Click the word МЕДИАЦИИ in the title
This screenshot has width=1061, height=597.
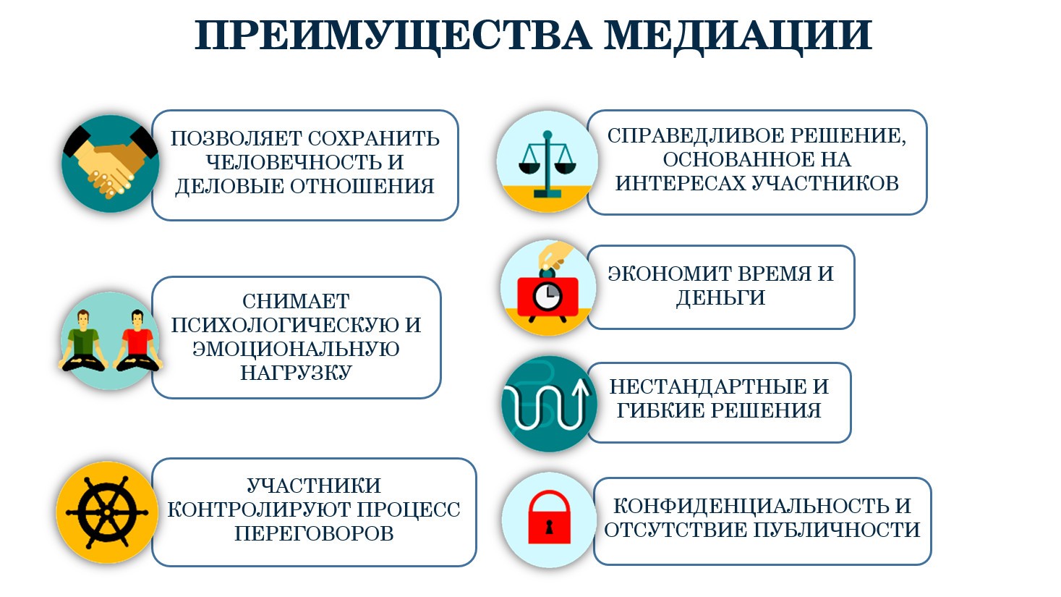tap(738, 36)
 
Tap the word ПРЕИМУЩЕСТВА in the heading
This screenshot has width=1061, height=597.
tap(393, 36)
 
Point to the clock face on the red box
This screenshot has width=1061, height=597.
tap(547, 297)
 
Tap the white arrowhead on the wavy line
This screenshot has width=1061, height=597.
tap(581, 389)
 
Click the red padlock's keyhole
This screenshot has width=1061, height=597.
tap(550, 527)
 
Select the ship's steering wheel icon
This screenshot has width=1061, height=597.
tap(107, 512)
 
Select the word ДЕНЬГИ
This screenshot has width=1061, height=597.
tap(720, 298)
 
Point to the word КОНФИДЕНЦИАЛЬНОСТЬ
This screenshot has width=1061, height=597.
tap(751, 506)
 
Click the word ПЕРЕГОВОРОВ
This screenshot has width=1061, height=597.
tap(314, 533)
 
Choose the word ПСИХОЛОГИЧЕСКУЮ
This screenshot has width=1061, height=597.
tap(285, 326)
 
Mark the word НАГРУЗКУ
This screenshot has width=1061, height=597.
tap(296, 373)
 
